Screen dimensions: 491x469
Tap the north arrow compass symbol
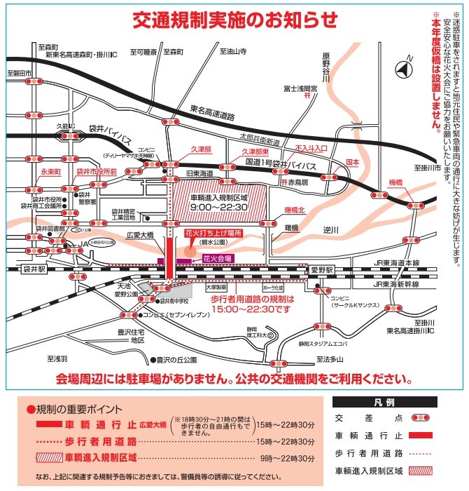click(x=401, y=69)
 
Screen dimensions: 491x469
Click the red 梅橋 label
click(x=395, y=182)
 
